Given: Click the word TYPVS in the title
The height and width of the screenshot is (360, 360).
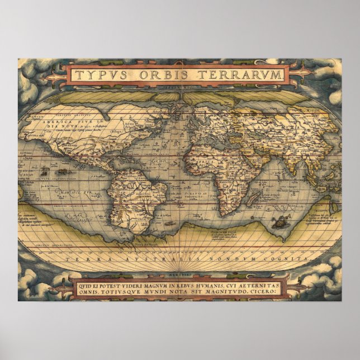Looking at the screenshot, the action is click(x=98, y=75).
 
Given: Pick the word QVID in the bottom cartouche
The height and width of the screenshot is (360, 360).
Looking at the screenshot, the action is click(x=80, y=283).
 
